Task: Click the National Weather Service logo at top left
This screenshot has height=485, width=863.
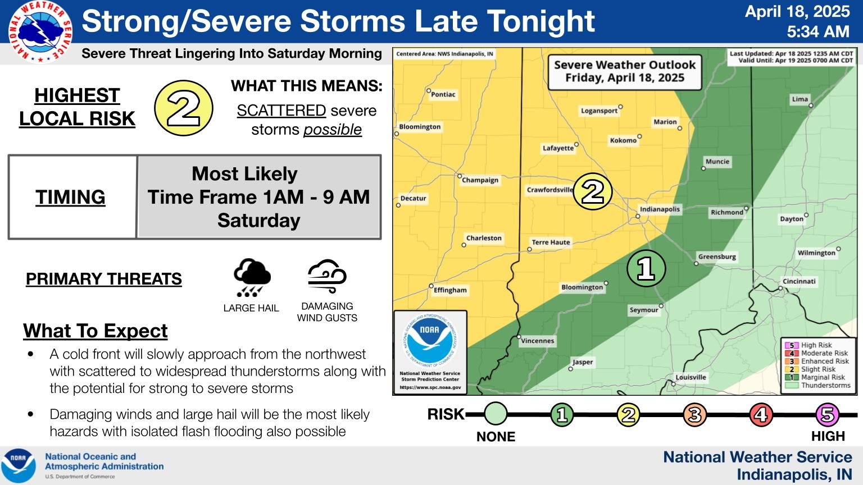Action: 40,32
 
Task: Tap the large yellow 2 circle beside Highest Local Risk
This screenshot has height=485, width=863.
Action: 183,108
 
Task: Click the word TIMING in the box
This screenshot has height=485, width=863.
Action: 71,197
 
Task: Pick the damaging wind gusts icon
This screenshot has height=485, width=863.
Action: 327,276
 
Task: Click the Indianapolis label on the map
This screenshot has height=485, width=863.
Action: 660,209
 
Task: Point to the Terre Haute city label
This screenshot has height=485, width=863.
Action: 551,242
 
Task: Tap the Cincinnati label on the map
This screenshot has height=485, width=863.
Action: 799,281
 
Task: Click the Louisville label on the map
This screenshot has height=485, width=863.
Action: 691,377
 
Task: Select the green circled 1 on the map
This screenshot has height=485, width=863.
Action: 646,268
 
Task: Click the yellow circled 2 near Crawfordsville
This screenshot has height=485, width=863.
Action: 592,191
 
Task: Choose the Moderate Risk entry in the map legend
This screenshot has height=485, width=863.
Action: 824,353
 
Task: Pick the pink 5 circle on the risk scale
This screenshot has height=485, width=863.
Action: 828,414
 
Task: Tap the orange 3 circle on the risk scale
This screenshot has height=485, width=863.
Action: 694,414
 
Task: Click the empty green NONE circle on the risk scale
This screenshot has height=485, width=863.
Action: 495,414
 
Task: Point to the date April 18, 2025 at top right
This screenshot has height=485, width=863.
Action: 797,11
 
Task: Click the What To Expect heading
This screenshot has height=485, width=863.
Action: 96,331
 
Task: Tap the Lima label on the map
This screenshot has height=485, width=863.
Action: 800,99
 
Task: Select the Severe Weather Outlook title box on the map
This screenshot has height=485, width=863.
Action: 624,71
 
